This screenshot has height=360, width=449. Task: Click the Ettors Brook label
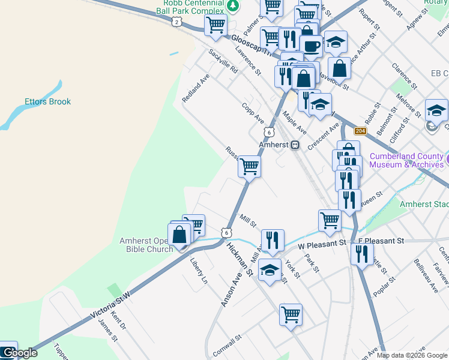[x=47, y=101]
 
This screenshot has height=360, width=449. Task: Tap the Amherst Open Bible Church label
[x=146, y=245]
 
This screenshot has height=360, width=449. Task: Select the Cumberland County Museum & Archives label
[x=406, y=160]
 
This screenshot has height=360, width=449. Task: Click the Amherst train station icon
[x=295, y=145]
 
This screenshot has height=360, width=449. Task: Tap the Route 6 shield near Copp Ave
[x=270, y=131]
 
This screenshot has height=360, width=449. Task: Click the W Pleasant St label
[x=322, y=244]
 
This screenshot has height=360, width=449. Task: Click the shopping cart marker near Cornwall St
[x=291, y=314]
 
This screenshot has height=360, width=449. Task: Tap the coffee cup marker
[x=311, y=45]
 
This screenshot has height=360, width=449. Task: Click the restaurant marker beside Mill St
[x=273, y=239]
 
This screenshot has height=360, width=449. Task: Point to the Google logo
[x=20, y=353]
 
